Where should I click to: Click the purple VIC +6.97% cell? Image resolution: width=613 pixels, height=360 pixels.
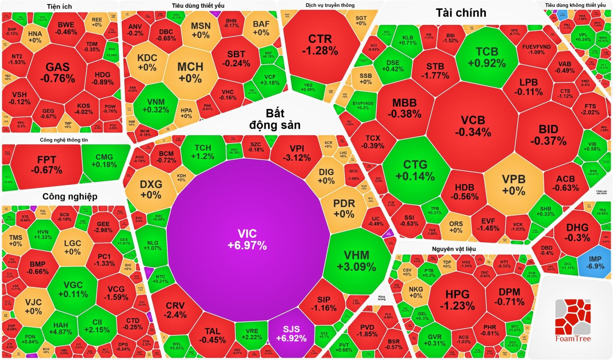click(247, 239)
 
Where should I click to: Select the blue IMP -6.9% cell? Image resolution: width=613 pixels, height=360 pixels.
click(595, 262)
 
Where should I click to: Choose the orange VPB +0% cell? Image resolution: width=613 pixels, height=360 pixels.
click(513, 184)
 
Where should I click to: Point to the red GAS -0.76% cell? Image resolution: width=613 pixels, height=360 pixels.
click(57, 72)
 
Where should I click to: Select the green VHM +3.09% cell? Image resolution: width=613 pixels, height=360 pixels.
click(356, 261)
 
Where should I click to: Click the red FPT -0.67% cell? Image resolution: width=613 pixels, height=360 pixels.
click(46, 164)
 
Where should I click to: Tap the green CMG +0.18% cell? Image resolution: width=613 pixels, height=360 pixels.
click(104, 161)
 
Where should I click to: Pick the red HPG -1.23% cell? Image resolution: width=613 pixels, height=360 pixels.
click(457, 299)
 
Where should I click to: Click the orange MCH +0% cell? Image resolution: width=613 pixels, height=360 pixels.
click(190, 72)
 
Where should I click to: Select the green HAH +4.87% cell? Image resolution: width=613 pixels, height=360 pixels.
click(61, 329)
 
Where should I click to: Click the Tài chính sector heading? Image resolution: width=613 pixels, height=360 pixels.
click(461, 13)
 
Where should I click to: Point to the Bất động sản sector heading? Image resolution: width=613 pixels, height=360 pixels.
click(275, 119)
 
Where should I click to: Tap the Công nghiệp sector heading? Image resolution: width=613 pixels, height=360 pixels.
click(70, 197)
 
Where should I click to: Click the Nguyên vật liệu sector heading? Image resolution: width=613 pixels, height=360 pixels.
click(454, 249)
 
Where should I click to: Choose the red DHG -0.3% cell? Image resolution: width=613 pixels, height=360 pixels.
click(577, 232)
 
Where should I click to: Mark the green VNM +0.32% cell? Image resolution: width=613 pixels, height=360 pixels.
click(156, 106)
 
